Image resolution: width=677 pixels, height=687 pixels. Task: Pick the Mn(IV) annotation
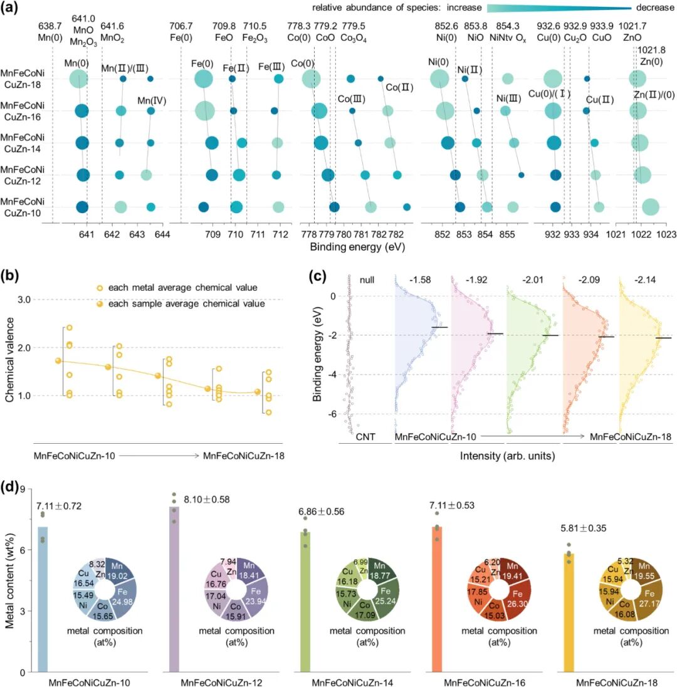pyautogui.click(x=152, y=99)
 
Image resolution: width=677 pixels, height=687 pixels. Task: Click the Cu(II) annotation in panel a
pyautogui.click(x=600, y=100)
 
